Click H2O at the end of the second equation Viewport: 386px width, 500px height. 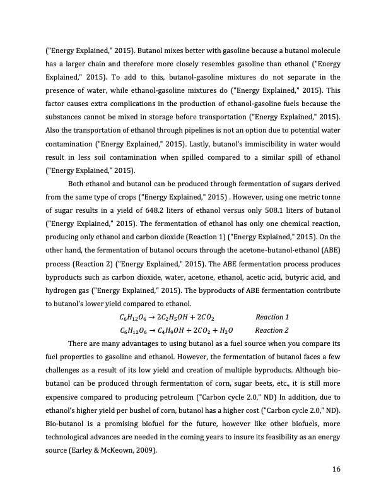pyautogui.click(x=225, y=330)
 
